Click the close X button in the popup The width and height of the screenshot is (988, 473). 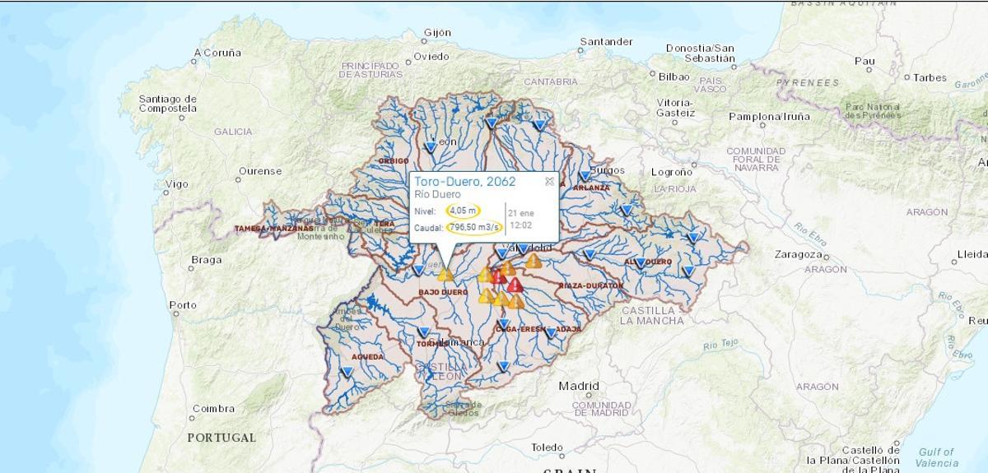point(549,182)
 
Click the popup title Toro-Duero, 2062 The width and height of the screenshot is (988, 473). point(464,182)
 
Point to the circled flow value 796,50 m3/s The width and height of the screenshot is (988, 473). point(474,227)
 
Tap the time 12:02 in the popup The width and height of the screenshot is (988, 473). point(520,225)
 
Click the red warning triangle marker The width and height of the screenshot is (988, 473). point(515,285)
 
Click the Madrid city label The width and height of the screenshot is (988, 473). point(579,386)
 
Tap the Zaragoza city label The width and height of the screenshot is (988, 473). point(798,254)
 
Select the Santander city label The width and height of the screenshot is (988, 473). point(606,42)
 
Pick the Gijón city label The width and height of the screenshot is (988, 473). point(437,33)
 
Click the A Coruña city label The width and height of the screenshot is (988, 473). point(218,53)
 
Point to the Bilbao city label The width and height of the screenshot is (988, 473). point(673,77)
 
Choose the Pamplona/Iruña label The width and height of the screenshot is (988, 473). point(769,117)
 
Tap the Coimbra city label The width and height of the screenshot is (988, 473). point(213,409)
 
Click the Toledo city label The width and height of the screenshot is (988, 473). point(548,448)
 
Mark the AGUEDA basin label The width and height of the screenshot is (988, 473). point(367,357)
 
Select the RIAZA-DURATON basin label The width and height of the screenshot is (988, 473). point(590,285)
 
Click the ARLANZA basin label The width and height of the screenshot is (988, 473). point(591,188)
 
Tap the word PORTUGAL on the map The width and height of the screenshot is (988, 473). point(221,438)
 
